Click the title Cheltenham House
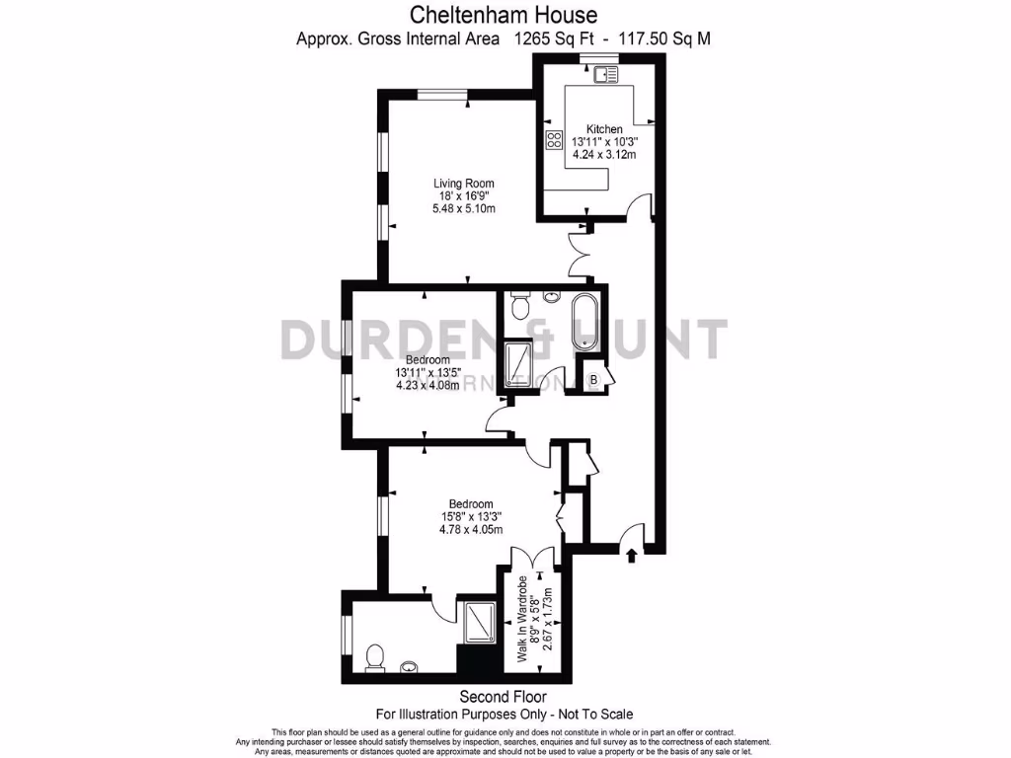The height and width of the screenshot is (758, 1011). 505,14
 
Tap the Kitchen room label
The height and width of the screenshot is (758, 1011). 604,129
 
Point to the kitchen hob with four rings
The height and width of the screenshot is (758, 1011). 554,140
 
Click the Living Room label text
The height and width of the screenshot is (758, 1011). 464,184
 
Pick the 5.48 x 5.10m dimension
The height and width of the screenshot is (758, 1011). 464,209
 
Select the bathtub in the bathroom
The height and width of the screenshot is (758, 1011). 584,322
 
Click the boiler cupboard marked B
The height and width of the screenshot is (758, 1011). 594,379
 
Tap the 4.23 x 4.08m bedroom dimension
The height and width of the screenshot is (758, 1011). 428,386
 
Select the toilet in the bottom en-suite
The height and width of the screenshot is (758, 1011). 374,656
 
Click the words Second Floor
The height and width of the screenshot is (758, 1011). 505,695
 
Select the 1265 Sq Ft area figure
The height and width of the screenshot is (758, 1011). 558,39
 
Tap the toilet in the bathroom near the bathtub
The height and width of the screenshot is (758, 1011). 520,307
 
